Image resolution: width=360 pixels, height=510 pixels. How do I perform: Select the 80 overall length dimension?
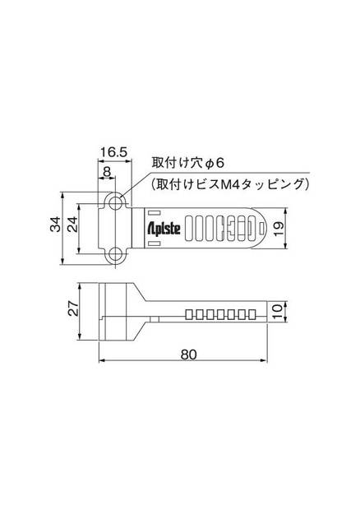point(188,355)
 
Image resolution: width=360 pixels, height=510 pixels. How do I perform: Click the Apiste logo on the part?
point(165,228)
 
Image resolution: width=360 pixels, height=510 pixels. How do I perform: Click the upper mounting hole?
point(117,201)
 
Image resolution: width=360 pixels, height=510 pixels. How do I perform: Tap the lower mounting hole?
point(117,253)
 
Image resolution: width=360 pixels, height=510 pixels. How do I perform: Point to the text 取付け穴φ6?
point(182,164)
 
